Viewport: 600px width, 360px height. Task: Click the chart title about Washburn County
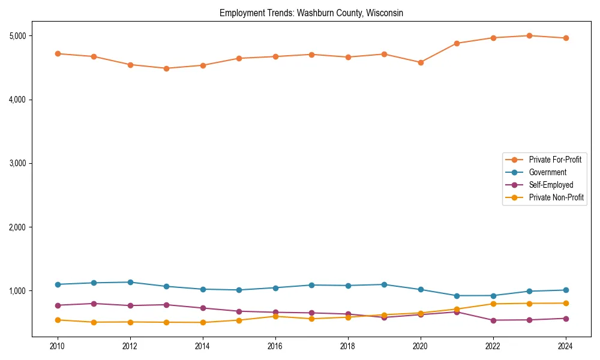[x=311, y=13]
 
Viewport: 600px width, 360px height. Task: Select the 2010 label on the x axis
[x=58, y=346]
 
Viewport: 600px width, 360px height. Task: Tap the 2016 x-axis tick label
[x=275, y=346]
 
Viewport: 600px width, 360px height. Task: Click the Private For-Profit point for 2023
[x=529, y=35]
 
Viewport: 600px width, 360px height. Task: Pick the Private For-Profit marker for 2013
[x=166, y=68]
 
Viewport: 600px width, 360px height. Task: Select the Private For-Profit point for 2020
[x=421, y=62]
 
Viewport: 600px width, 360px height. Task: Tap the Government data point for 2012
[x=130, y=282]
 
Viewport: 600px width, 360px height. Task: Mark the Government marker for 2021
[x=457, y=296]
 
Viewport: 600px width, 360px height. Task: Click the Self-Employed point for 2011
[x=94, y=304]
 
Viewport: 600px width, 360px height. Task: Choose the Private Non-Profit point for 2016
[x=275, y=316]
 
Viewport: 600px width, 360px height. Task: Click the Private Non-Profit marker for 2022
[x=493, y=304]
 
